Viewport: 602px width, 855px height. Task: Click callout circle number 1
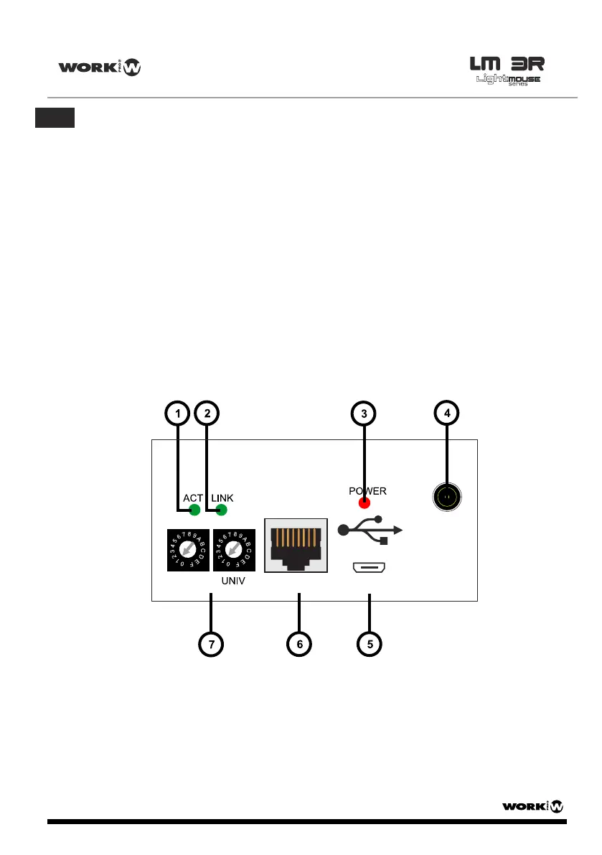[177, 414]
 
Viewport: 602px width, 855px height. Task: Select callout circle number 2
[207, 414]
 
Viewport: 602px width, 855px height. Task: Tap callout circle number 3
[364, 414]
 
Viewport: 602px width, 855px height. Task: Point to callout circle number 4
[447, 414]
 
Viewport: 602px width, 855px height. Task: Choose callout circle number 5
[370, 644]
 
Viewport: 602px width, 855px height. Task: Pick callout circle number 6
[299, 644]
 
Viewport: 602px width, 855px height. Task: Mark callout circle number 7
[211, 644]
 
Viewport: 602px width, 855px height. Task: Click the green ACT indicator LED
[194, 510]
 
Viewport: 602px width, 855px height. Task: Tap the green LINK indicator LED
[221, 510]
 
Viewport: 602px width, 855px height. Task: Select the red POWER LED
[365, 503]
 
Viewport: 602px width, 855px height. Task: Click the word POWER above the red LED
[367, 491]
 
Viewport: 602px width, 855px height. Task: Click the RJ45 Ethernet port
[296, 546]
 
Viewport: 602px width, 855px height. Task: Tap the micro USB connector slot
[370, 569]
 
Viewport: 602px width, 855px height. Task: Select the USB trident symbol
[370, 531]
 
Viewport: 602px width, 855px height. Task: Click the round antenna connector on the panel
[447, 496]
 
